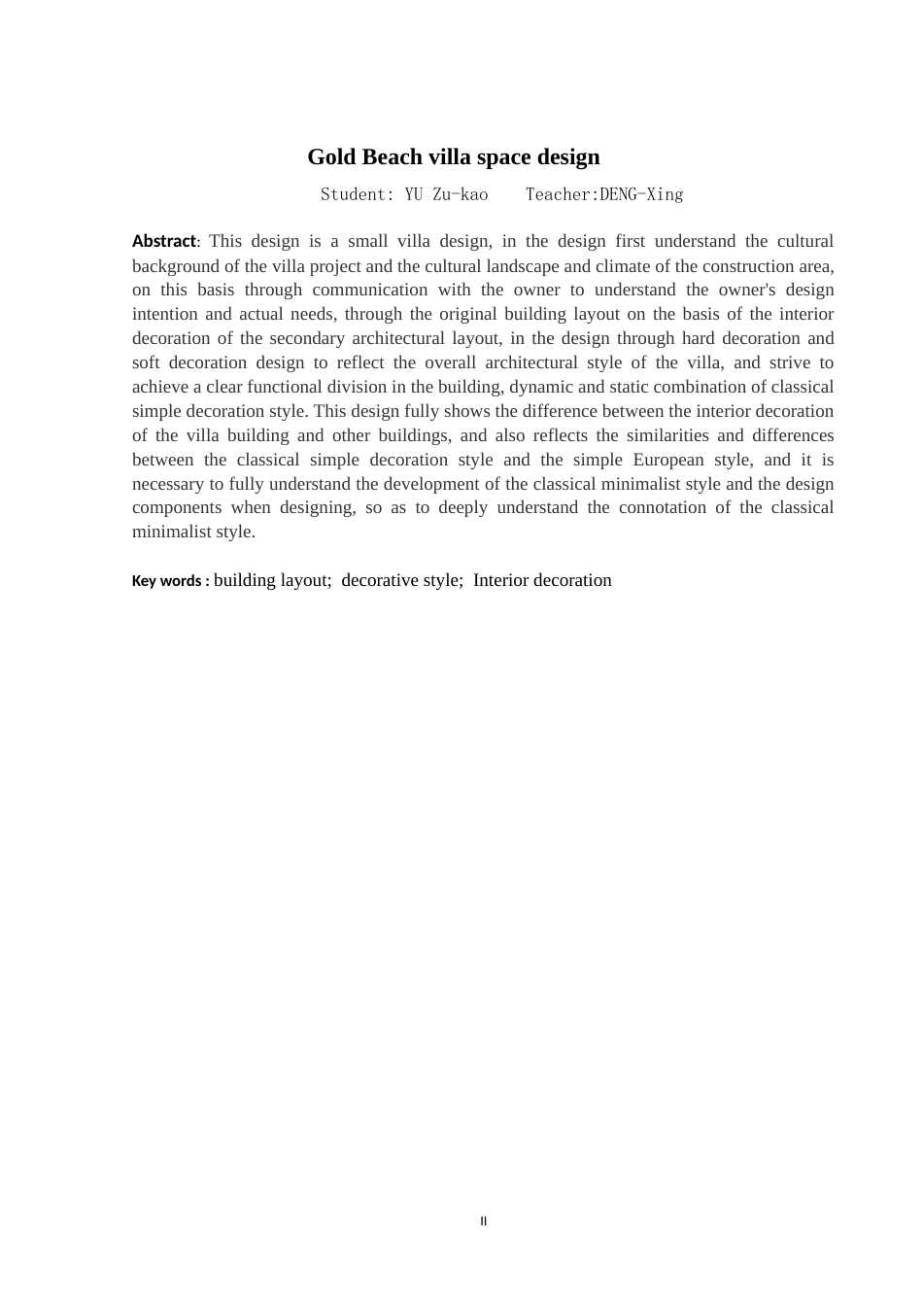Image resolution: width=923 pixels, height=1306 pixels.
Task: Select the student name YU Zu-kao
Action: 446,194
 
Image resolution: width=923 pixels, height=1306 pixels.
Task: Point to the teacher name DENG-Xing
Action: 641,194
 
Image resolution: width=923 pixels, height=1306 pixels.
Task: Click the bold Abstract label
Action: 163,241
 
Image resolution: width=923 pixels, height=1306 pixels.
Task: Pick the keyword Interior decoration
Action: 542,580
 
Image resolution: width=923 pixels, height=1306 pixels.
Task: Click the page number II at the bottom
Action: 483,1221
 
